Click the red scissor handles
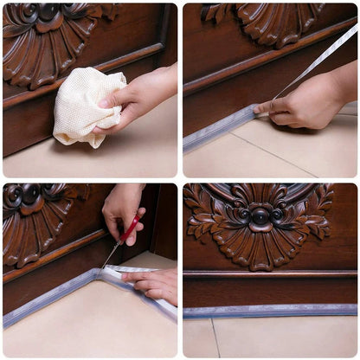click(x=130, y=231)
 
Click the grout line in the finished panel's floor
click(x=214, y=337)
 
